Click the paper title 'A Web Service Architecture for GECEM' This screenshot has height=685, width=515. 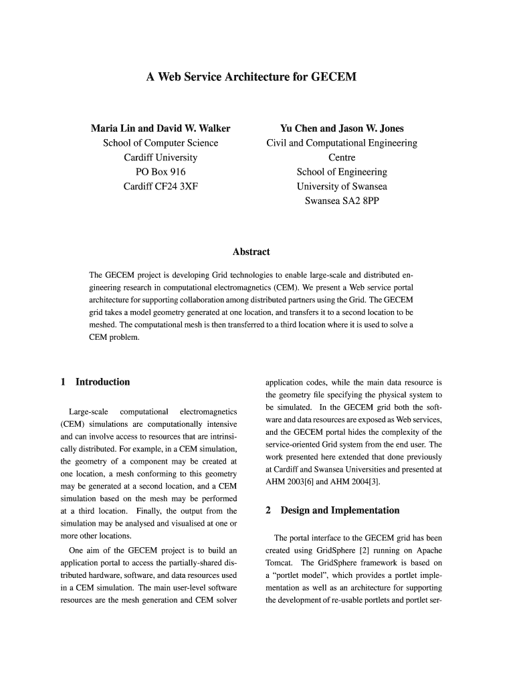(x=251, y=78)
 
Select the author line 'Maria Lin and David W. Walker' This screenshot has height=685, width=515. (x=161, y=128)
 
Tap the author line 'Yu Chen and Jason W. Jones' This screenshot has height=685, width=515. (x=341, y=128)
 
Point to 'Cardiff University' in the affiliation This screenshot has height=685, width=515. (x=161, y=157)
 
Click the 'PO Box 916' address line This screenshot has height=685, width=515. (x=161, y=172)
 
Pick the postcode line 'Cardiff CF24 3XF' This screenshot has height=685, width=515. (x=161, y=187)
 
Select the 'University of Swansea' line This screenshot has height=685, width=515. (x=341, y=187)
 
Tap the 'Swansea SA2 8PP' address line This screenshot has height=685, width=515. (x=341, y=201)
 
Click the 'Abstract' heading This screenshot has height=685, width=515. (x=251, y=252)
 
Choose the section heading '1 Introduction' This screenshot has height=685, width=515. (x=95, y=382)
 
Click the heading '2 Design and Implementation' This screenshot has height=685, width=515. (x=332, y=510)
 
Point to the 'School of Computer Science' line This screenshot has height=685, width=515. (x=161, y=142)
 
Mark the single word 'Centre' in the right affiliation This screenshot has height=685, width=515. (x=341, y=157)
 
